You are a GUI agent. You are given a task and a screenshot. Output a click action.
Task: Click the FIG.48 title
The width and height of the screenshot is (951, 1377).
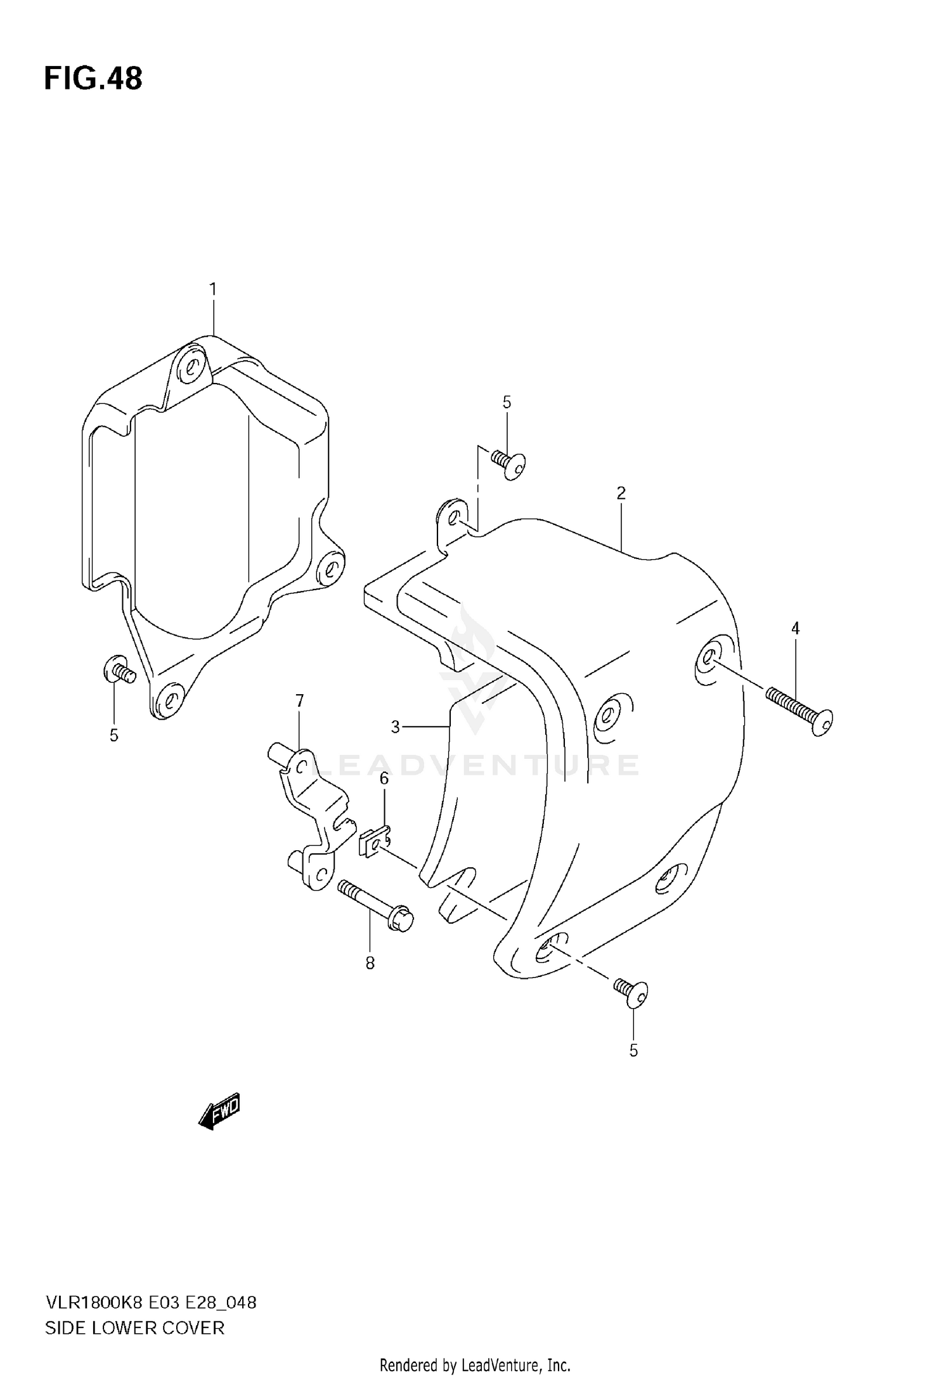[93, 79]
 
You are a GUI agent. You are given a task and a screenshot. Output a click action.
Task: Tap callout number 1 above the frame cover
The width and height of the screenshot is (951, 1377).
[213, 290]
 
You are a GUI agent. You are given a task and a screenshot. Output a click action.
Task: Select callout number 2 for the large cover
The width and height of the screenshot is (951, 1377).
[621, 493]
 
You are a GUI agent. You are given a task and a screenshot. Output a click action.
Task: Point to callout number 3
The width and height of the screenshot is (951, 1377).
[395, 727]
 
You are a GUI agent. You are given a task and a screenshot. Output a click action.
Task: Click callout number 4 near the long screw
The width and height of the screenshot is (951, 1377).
[795, 628]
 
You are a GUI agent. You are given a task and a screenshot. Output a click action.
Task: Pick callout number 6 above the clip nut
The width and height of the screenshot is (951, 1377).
[384, 779]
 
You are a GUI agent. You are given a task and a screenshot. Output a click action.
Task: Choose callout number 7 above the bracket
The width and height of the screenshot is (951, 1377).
[299, 701]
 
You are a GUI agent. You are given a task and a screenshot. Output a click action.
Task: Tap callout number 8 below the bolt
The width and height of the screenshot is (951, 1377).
[370, 963]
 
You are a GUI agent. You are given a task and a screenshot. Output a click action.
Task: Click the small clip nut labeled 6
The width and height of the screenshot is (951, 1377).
[375, 843]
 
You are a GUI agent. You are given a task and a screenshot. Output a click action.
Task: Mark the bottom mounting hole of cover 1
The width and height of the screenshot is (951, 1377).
[168, 700]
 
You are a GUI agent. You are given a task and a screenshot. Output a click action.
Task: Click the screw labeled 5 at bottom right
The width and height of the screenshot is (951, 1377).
[631, 992]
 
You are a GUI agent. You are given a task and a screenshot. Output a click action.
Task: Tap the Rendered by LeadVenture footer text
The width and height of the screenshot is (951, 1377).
[475, 1364]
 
